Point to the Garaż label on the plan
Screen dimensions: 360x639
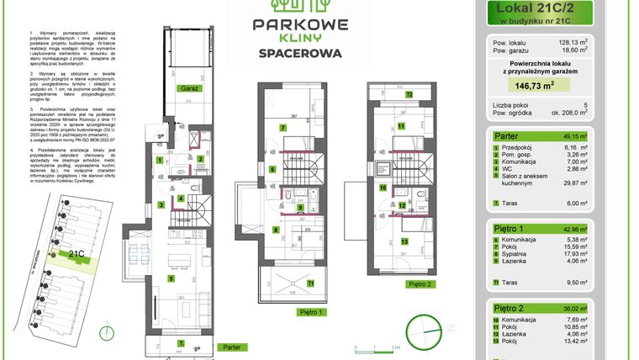186,87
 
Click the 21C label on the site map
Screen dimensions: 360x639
77,253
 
